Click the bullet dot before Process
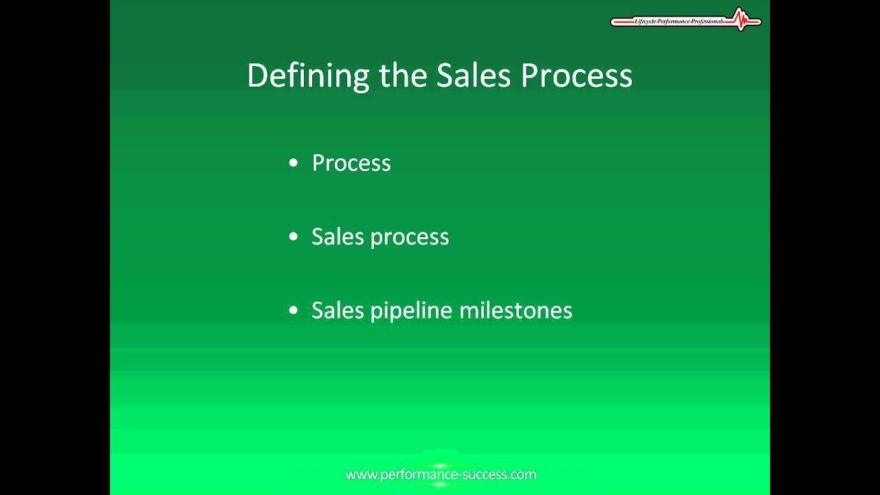click(294, 163)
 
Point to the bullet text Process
click(351, 163)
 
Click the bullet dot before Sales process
click(294, 236)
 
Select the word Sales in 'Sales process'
click(338, 236)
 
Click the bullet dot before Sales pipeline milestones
click(294, 310)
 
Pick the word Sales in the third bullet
click(338, 310)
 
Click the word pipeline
click(411, 311)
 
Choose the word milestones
click(516, 310)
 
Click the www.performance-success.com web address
click(441, 474)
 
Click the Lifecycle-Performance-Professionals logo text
click(679, 21)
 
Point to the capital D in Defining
click(256, 76)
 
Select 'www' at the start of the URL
click(359, 474)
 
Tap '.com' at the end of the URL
click(524, 474)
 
